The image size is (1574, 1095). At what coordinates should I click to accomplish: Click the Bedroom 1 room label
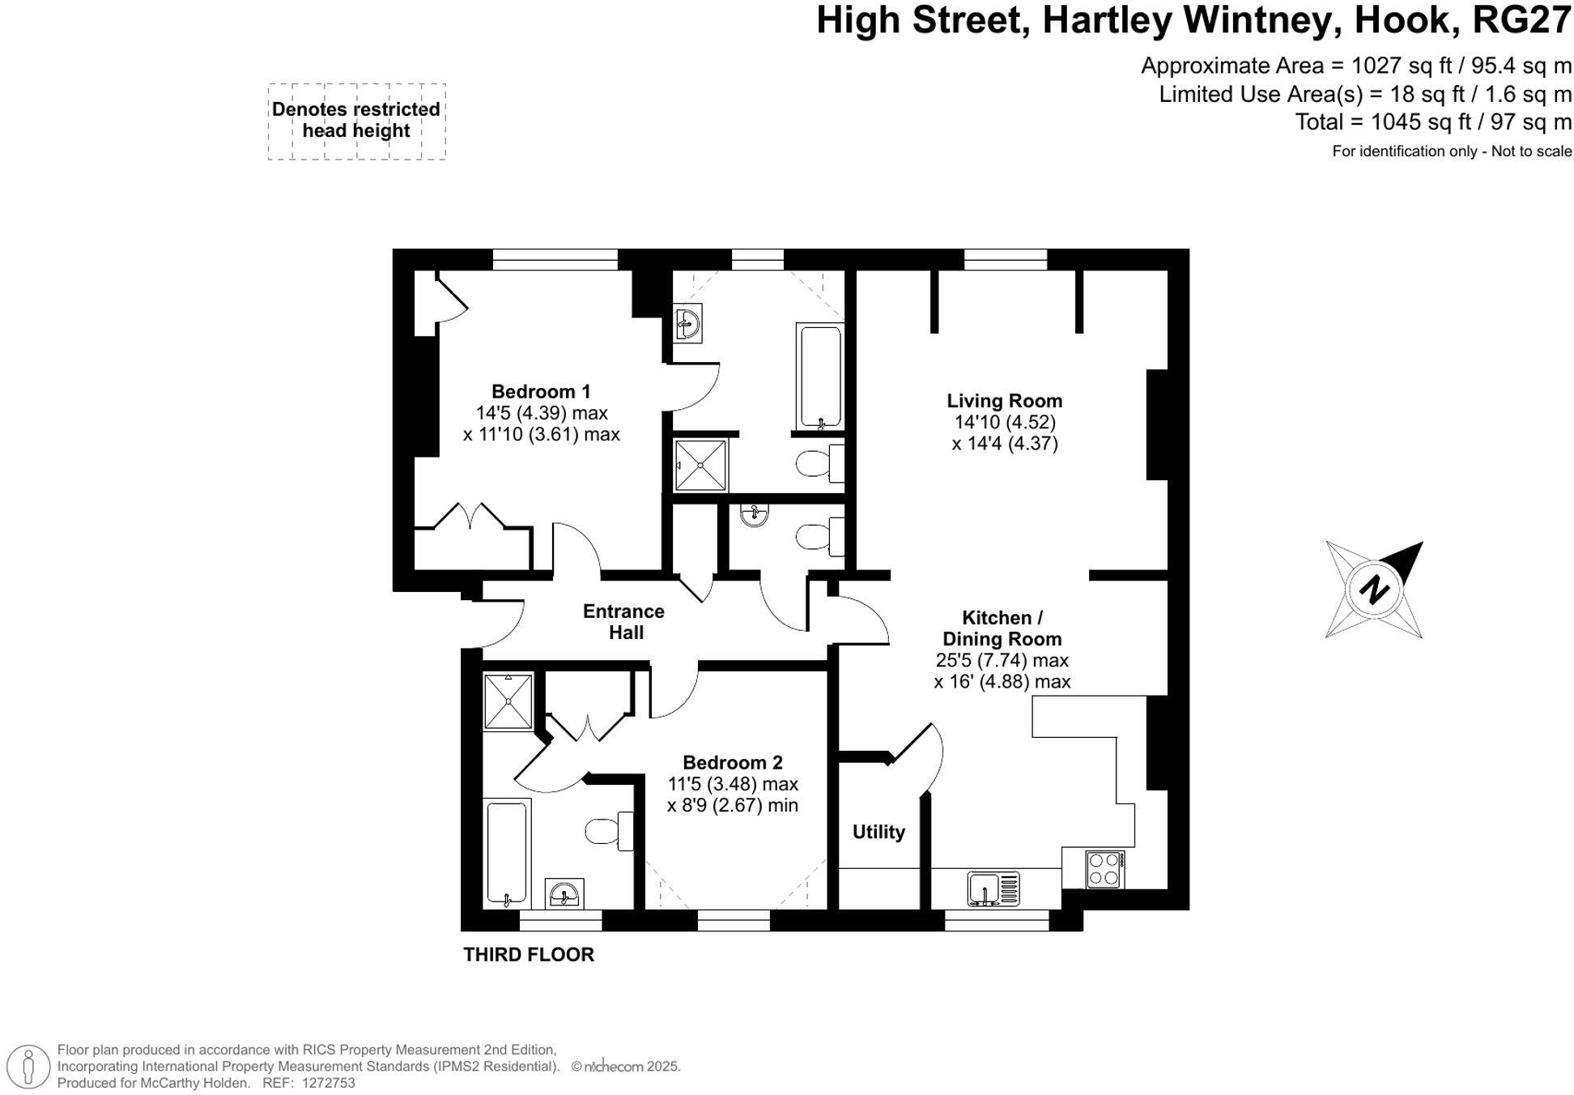pos(541,392)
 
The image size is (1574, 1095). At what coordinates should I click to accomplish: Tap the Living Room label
pos(1004,401)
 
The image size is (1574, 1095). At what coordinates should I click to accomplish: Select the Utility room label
pos(878,832)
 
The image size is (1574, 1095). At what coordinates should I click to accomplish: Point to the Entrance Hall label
pos(623,622)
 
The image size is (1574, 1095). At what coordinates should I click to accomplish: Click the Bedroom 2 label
pos(732,762)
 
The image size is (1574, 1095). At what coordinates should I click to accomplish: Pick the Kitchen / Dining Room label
pos(1002,628)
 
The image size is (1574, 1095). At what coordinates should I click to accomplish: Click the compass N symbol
pos(1373,590)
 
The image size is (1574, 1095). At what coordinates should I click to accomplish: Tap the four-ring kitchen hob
pos(1104,869)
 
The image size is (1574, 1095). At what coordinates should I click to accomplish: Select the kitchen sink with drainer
pos(993,888)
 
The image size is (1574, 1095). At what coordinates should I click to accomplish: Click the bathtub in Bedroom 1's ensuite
pos(820,377)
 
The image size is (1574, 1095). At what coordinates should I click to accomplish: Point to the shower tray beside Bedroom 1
pos(701,465)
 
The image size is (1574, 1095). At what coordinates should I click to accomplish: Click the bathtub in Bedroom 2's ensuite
pos(507,853)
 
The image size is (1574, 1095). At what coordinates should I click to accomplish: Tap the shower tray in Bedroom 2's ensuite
pos(508,701)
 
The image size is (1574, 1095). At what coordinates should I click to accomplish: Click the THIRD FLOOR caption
pos(528,955)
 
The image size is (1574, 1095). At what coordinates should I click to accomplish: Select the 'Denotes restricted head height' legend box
pos(356,121)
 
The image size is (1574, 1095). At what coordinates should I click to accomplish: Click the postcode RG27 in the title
pos(1521,20)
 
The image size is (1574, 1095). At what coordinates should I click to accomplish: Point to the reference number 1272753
pos(328,1083)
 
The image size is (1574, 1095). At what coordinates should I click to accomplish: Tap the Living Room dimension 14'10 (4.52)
pos(1005,422)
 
